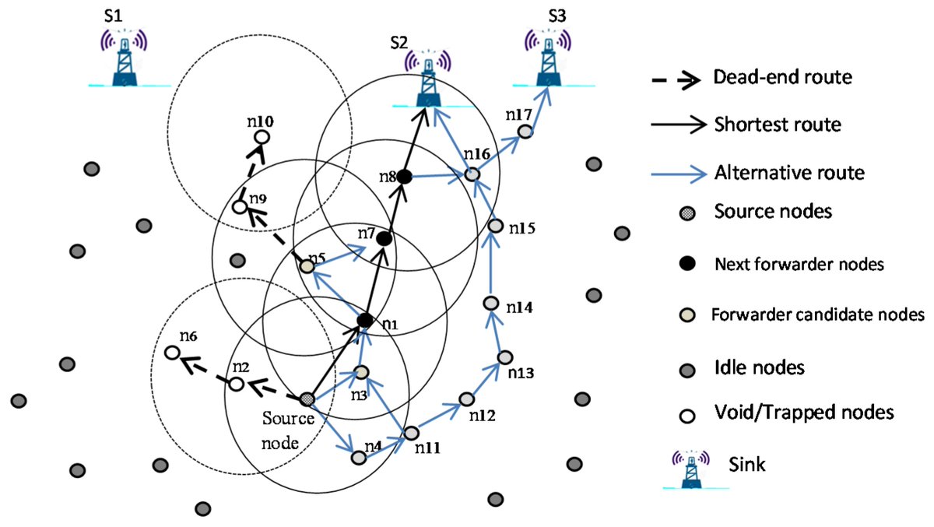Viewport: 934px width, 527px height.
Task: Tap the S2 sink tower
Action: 427,79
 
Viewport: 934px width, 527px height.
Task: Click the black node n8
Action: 404,177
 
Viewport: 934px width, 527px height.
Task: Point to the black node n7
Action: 384,239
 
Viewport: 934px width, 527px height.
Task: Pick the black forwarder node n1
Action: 364,319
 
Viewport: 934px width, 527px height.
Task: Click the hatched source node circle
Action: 307,399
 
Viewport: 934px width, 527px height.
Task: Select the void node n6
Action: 171,353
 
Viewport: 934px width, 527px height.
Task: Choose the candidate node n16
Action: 472,176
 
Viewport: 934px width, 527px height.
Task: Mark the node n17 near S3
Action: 525,132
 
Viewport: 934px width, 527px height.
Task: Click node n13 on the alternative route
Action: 504,357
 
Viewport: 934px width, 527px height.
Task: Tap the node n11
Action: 412,432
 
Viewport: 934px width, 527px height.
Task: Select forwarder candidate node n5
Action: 307,266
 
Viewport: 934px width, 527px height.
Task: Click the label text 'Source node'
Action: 287,427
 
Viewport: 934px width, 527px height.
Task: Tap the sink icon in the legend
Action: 690,466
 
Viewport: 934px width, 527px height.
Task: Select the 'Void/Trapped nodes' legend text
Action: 802,413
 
